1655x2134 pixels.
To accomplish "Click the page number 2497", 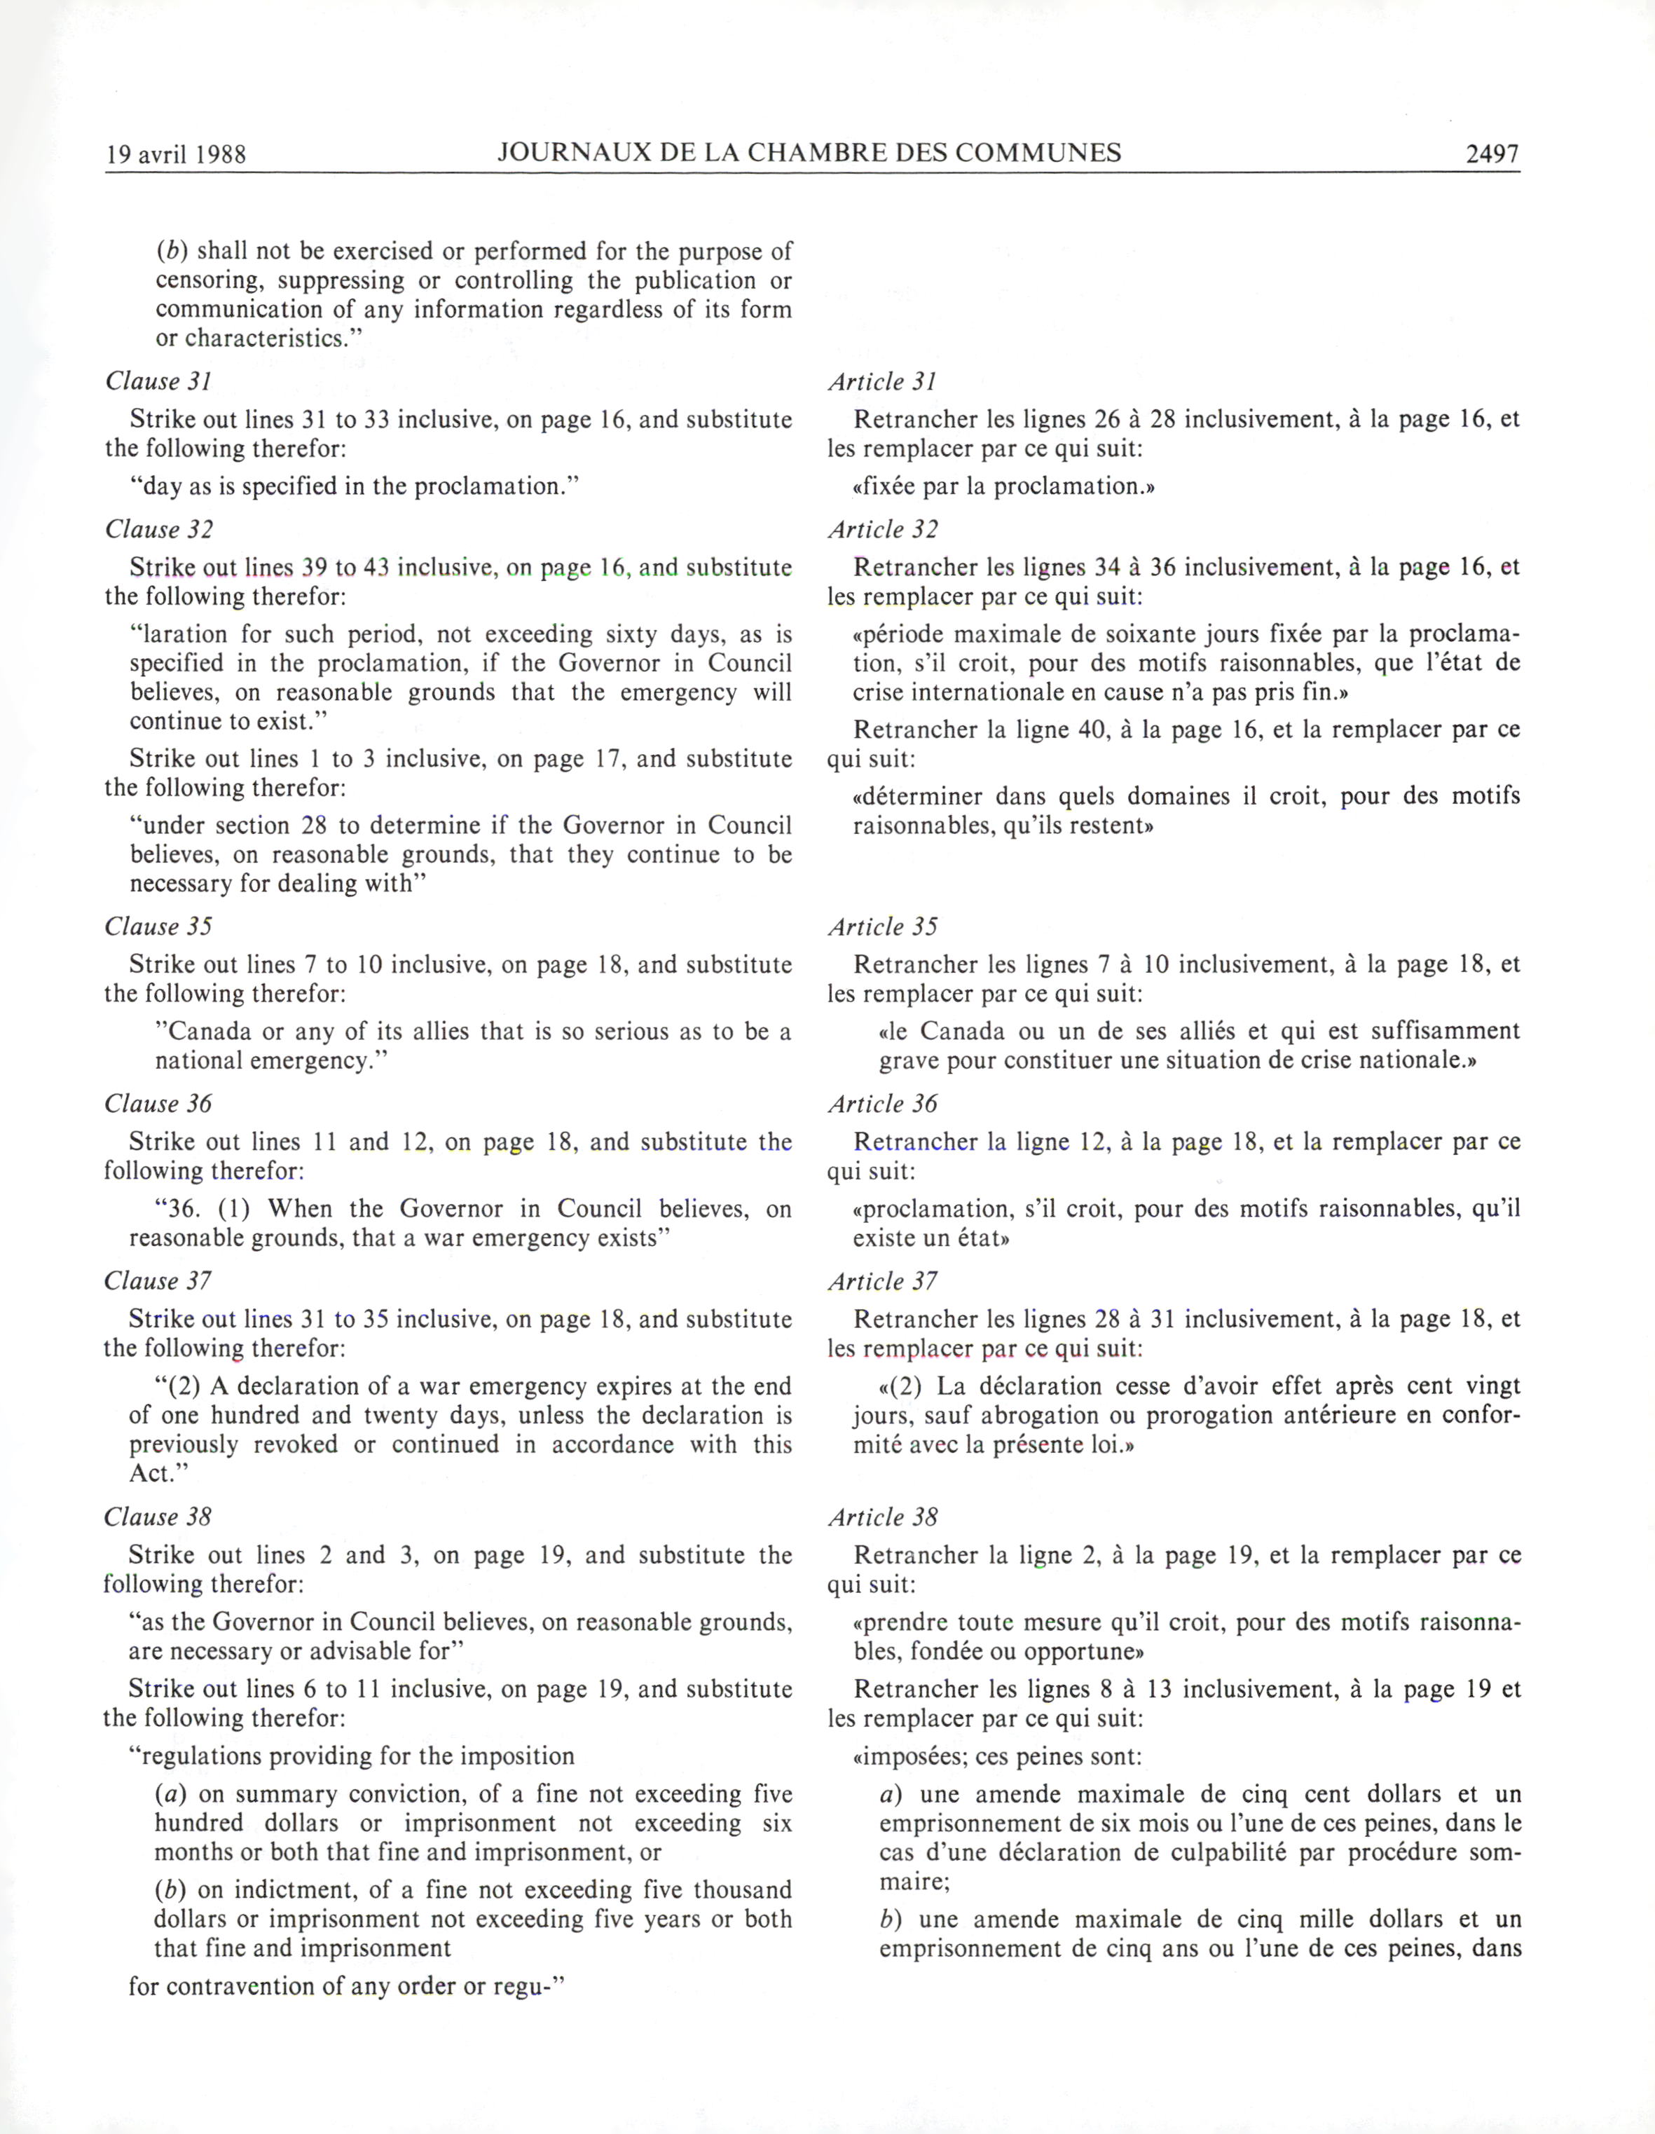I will (x=1492, y=153).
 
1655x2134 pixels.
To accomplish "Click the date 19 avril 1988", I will (x=176, y=154).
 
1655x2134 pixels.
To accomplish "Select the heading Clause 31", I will (x=158, y=381).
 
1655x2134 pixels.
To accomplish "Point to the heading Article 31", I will (x=882, y=382).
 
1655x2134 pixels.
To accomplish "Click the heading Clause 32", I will (x=158, y=530).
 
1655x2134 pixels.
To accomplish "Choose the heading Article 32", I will (x=882, y=530).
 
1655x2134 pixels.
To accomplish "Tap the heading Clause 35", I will (x=158, y=926).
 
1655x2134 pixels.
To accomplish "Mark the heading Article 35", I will (x=882, y=926).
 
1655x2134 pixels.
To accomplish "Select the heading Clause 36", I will (x=158, y=1104).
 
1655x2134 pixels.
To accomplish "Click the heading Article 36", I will (x=882, y=1104).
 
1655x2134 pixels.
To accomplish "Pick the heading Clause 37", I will (x=158, y=1281).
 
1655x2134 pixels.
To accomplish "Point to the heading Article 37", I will (x=882, y=1281).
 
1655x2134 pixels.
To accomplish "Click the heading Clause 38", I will (x=158, y=1517).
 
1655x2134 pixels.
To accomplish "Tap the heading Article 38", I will (x=882, y=1517).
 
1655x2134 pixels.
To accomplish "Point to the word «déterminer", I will (x=916, y=796).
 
